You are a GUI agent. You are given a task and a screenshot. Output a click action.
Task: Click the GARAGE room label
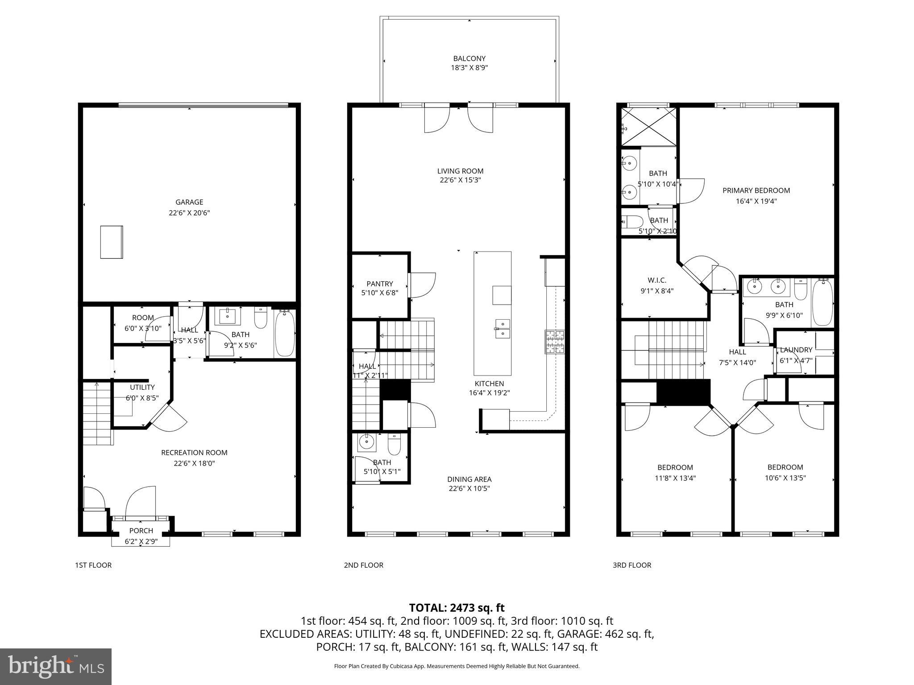tap(189, 202)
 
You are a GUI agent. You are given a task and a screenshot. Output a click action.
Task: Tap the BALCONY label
tap(469, 58)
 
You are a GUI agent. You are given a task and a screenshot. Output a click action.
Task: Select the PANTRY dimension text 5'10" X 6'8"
tap(379, 293)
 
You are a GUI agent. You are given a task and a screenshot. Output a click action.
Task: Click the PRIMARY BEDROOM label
tap(756, 190)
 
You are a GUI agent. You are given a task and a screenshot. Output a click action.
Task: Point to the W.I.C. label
tap(656, 280)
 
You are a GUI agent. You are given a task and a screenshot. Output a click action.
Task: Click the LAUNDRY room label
tap(796, 350)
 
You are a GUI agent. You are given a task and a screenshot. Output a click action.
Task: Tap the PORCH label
tap(141, 531)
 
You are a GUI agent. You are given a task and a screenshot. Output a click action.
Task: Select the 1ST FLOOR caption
tap(93, 565)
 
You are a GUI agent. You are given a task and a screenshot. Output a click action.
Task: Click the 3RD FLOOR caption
tap(631, 565)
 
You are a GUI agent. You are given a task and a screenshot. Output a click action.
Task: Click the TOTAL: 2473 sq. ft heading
tap(457, 607)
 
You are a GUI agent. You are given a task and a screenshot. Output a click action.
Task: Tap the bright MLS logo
tap(56, 667)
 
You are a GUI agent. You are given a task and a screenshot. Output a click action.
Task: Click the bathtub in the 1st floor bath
tap(284, 334)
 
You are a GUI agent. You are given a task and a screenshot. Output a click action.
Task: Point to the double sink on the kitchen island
tap(502, 329)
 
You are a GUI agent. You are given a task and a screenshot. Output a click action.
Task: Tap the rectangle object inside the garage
tap(111, 242)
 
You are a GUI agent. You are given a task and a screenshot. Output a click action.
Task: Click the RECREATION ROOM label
tap(194, 453)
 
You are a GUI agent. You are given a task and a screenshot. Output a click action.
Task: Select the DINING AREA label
tap(469, 479)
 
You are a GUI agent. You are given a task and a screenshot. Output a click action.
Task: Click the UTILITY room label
tap(142, 387)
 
